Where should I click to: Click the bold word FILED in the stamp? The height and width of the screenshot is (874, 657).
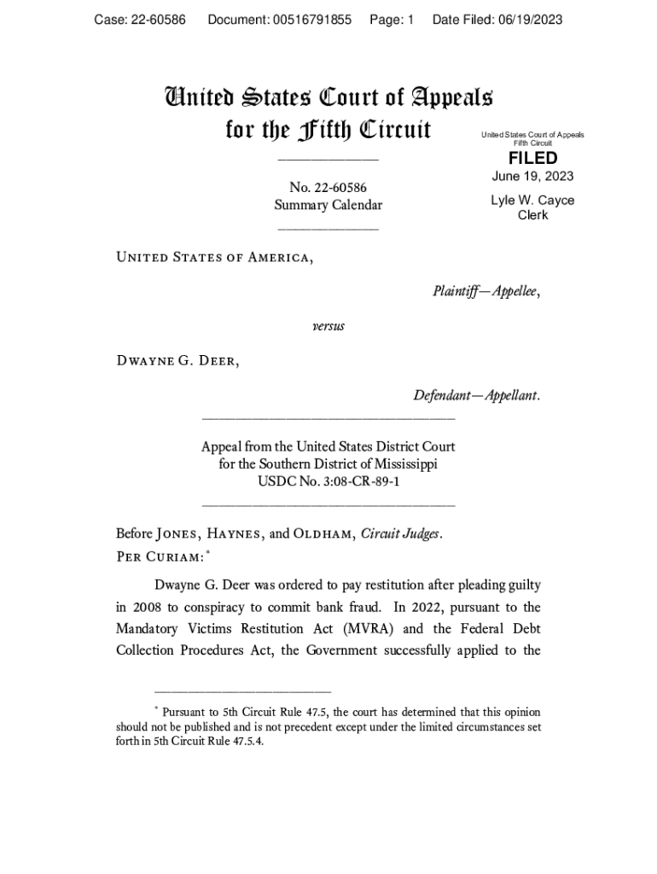point(532,159)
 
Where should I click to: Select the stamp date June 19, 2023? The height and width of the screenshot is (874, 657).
point(532,177)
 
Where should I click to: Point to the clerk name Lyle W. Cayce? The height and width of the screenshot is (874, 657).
point(532,201)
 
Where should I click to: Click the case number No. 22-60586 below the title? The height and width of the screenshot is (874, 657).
point(328,188)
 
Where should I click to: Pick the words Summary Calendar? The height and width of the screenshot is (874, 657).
point(328,206)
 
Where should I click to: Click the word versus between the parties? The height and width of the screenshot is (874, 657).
point(328,326)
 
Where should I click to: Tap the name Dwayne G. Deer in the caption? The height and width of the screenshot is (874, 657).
point(177,361)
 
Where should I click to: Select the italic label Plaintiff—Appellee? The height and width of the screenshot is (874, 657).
point(486,292)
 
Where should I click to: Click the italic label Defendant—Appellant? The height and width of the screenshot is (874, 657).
point(476,396)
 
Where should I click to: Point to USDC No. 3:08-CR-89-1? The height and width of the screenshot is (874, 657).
point(328,482)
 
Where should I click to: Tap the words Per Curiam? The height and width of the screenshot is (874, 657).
point(159,556)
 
